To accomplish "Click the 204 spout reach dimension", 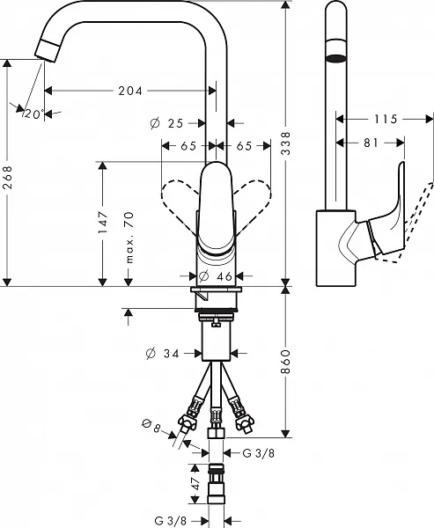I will [x=130, y=91].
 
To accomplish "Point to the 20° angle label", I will [x=33, y=114].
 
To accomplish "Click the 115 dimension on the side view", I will [x=385, y=119].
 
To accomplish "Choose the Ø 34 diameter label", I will [x=165, y=355].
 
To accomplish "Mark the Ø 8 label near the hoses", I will [x=150, y=429].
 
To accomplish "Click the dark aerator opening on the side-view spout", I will [x=335, y=59].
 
